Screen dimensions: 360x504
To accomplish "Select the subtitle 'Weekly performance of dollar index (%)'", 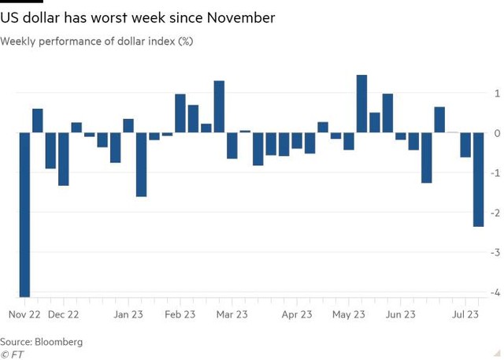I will [x=97, y=41].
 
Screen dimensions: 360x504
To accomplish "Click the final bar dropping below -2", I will [x=478, y=180].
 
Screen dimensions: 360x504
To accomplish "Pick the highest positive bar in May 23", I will [x=361, y=103].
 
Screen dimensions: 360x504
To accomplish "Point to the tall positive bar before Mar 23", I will [x=219, y=106].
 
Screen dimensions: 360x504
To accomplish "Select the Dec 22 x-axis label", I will [x=64, y=314].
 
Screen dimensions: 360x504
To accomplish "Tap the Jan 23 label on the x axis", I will [x=127, y=314].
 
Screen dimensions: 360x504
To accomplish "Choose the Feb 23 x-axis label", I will [x=180, y=314].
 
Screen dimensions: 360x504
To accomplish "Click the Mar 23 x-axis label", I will [x=232, y=314].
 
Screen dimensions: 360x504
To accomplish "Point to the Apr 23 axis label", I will [x=296, y=314].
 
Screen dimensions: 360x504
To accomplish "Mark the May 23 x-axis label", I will [x=349, y=314].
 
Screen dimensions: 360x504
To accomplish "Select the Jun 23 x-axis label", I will [x=401, y=314].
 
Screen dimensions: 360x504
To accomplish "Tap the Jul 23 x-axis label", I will [x=464, y=314].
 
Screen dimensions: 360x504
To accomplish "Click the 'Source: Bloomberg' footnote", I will [x=42, y=342].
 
